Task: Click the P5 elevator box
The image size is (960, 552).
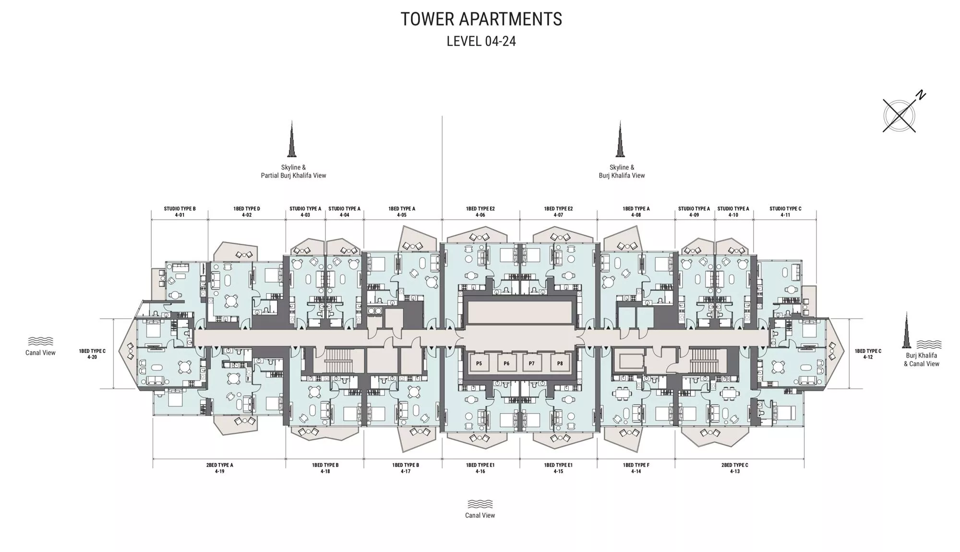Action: pyautogui.click(x=479, y=363)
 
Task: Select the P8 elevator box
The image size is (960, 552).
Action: pyautogui.click(x=560, y=363)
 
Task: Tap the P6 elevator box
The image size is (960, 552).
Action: pyautogui.click(x=506, y=363)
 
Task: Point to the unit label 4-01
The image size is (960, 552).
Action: pyautogui.click(x=180, y=215)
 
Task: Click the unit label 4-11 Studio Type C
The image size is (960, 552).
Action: pyautogui.click(x=785, y=212)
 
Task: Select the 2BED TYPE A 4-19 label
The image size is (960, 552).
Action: pyautogui.click(x=219, y=468)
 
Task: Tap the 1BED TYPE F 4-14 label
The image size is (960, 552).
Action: pyautogui.click(x=636, y=468)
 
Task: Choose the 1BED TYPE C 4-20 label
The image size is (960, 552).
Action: pyautogui.click(x=92, y=354)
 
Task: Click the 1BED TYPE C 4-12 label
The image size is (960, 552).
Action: pyautogui.click(x=868, y=354)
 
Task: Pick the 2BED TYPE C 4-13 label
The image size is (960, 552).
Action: pyautogui.click(x=734, y=468)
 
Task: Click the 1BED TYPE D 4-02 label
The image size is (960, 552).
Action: pyautogui.click(x=247, y=212)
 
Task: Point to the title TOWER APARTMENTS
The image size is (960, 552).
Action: pyautogui.click(x=481, y=19)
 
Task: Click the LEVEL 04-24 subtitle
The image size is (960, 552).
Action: pyautogui.click(x=481, y=41)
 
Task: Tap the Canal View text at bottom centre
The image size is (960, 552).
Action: pyautogui.click(x=480, y=515)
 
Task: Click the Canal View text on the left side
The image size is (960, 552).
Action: pyautogui.click(x=40, y=352)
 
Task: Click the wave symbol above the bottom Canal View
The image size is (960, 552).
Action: pyautogui.click(x=480, y=504)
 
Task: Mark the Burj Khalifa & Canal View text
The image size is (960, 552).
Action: pyautogui.click(x=922, y=360)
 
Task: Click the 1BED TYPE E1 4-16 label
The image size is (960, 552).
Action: pyautogui.click(x=480, y=468)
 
